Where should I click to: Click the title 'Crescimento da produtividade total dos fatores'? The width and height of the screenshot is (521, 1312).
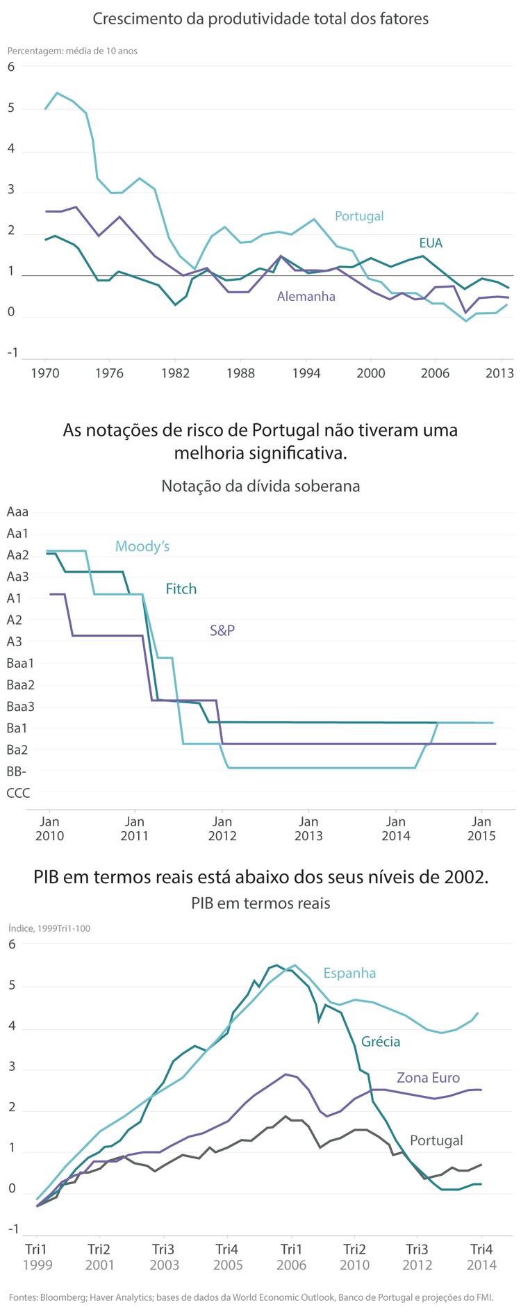[x=260, y=19]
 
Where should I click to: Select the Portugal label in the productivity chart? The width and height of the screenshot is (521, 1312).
[x=359, y=216]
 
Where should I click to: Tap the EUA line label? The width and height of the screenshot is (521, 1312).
[x=431, y=243]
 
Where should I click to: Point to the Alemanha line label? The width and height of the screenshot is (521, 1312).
[x=306, y=297]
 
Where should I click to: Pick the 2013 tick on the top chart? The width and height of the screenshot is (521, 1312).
[x=499, y=373]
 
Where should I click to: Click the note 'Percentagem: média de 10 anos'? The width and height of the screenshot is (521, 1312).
[x=72, y=51]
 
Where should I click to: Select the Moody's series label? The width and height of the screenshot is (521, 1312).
[x=142, y=547]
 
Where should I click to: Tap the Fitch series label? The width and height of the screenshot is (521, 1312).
[x=181, y=589]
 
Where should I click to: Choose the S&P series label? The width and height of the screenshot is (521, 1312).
[x=222, y=631]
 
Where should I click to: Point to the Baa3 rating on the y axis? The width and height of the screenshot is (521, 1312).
[x=20, y=707]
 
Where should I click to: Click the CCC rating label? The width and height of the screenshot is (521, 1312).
[x=18, y=793]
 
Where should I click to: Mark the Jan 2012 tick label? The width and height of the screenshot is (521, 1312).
[x=222, y=828]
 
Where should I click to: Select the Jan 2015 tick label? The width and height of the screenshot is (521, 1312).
[x=481, y=828]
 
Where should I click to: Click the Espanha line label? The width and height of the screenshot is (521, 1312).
[x=349, y=973]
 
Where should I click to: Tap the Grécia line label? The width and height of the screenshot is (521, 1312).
[x=381, y=1041]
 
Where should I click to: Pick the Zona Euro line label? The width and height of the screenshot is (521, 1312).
[x=428, y=1078]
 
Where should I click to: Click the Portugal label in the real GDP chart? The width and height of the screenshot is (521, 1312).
[x=436, y=1140]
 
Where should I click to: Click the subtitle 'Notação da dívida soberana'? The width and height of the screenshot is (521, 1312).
[x=260, y=486]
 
